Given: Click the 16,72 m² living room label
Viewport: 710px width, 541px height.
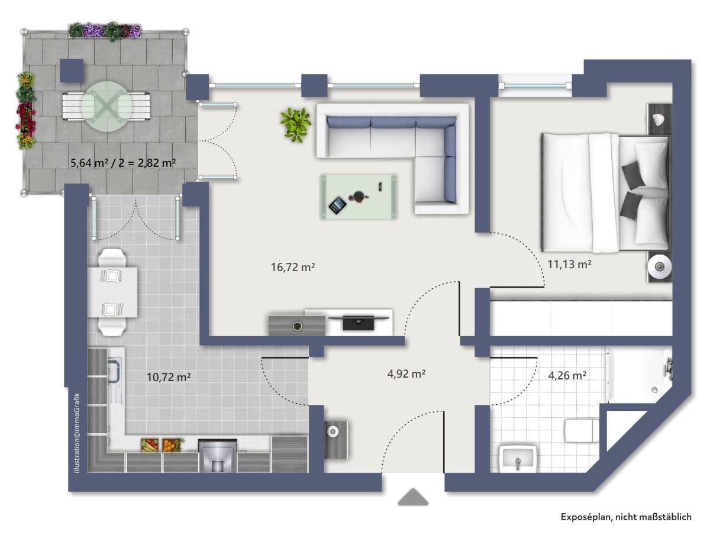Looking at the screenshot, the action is [x=293, y=267].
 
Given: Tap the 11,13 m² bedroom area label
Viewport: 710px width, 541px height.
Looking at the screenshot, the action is [x=569, y=265].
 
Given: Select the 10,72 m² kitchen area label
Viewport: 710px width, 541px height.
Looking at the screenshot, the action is [x=169, y=377].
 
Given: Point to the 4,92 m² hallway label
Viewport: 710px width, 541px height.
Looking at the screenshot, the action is [x=406, y=373].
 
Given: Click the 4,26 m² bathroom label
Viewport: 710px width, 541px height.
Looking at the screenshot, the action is [x=567, y=375].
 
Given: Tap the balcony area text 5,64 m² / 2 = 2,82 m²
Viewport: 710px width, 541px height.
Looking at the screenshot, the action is [x=123, y=162].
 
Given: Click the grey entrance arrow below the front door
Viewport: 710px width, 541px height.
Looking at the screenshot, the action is [x=413, y=497].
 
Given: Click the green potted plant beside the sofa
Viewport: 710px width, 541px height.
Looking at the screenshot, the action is [x=296, y=125].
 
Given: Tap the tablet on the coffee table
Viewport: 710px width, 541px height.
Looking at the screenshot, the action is [x=337, y=205].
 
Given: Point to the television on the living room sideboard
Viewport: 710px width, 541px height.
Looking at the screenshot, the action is [x=359, y=322].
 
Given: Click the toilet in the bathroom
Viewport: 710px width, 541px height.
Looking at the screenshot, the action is [x=582, y=431].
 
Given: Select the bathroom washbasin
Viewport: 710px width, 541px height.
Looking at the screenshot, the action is [x=518, y=459].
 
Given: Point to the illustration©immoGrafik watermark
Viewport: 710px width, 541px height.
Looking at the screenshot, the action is [x=77, y=433].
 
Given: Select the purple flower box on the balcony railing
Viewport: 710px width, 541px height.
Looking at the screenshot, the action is [x=105, y=31].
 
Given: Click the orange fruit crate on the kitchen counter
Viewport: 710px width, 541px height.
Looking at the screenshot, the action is [x=173, y=445].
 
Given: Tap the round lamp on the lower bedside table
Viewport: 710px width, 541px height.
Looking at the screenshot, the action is [x=660, y=266].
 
